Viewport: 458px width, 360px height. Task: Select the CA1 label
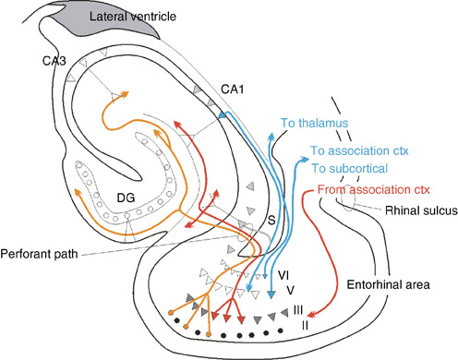click(234, 88)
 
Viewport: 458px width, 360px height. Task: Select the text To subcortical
click(351, 169)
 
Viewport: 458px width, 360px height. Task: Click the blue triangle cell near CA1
click(222, 114)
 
